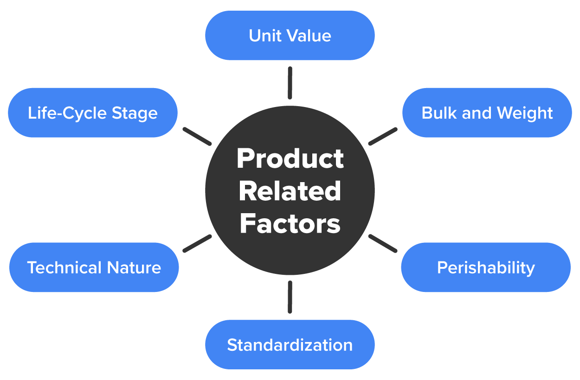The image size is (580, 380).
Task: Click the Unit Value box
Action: tap(290, 36)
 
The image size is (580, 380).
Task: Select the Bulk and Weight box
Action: tap(487, 113)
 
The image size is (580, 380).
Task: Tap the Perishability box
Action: tap(486, 267)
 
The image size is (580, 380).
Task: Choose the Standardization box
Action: tap(290, 345)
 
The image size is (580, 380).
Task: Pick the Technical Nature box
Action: tap(94, 267)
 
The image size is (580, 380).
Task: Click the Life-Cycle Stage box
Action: tap(93, 113)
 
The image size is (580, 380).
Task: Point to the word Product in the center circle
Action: tap(290, 159)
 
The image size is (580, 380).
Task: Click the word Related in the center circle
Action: tap(290, 191)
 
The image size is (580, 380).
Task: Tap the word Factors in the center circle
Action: tap(290, 223)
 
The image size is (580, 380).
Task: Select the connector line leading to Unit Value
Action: tap(290, 83)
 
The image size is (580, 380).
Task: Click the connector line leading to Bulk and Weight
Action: tap(383, 136)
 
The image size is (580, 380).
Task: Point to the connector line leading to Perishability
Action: tap(383, 243)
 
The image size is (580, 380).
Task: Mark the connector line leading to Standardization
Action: tap(290, 297)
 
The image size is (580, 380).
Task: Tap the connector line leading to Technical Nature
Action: tap(197, 243)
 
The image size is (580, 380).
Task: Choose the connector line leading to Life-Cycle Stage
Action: tap(197, 136)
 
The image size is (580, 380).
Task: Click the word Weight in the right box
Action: tap(525, 113)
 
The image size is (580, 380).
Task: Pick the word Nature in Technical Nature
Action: tap(134, 267)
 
